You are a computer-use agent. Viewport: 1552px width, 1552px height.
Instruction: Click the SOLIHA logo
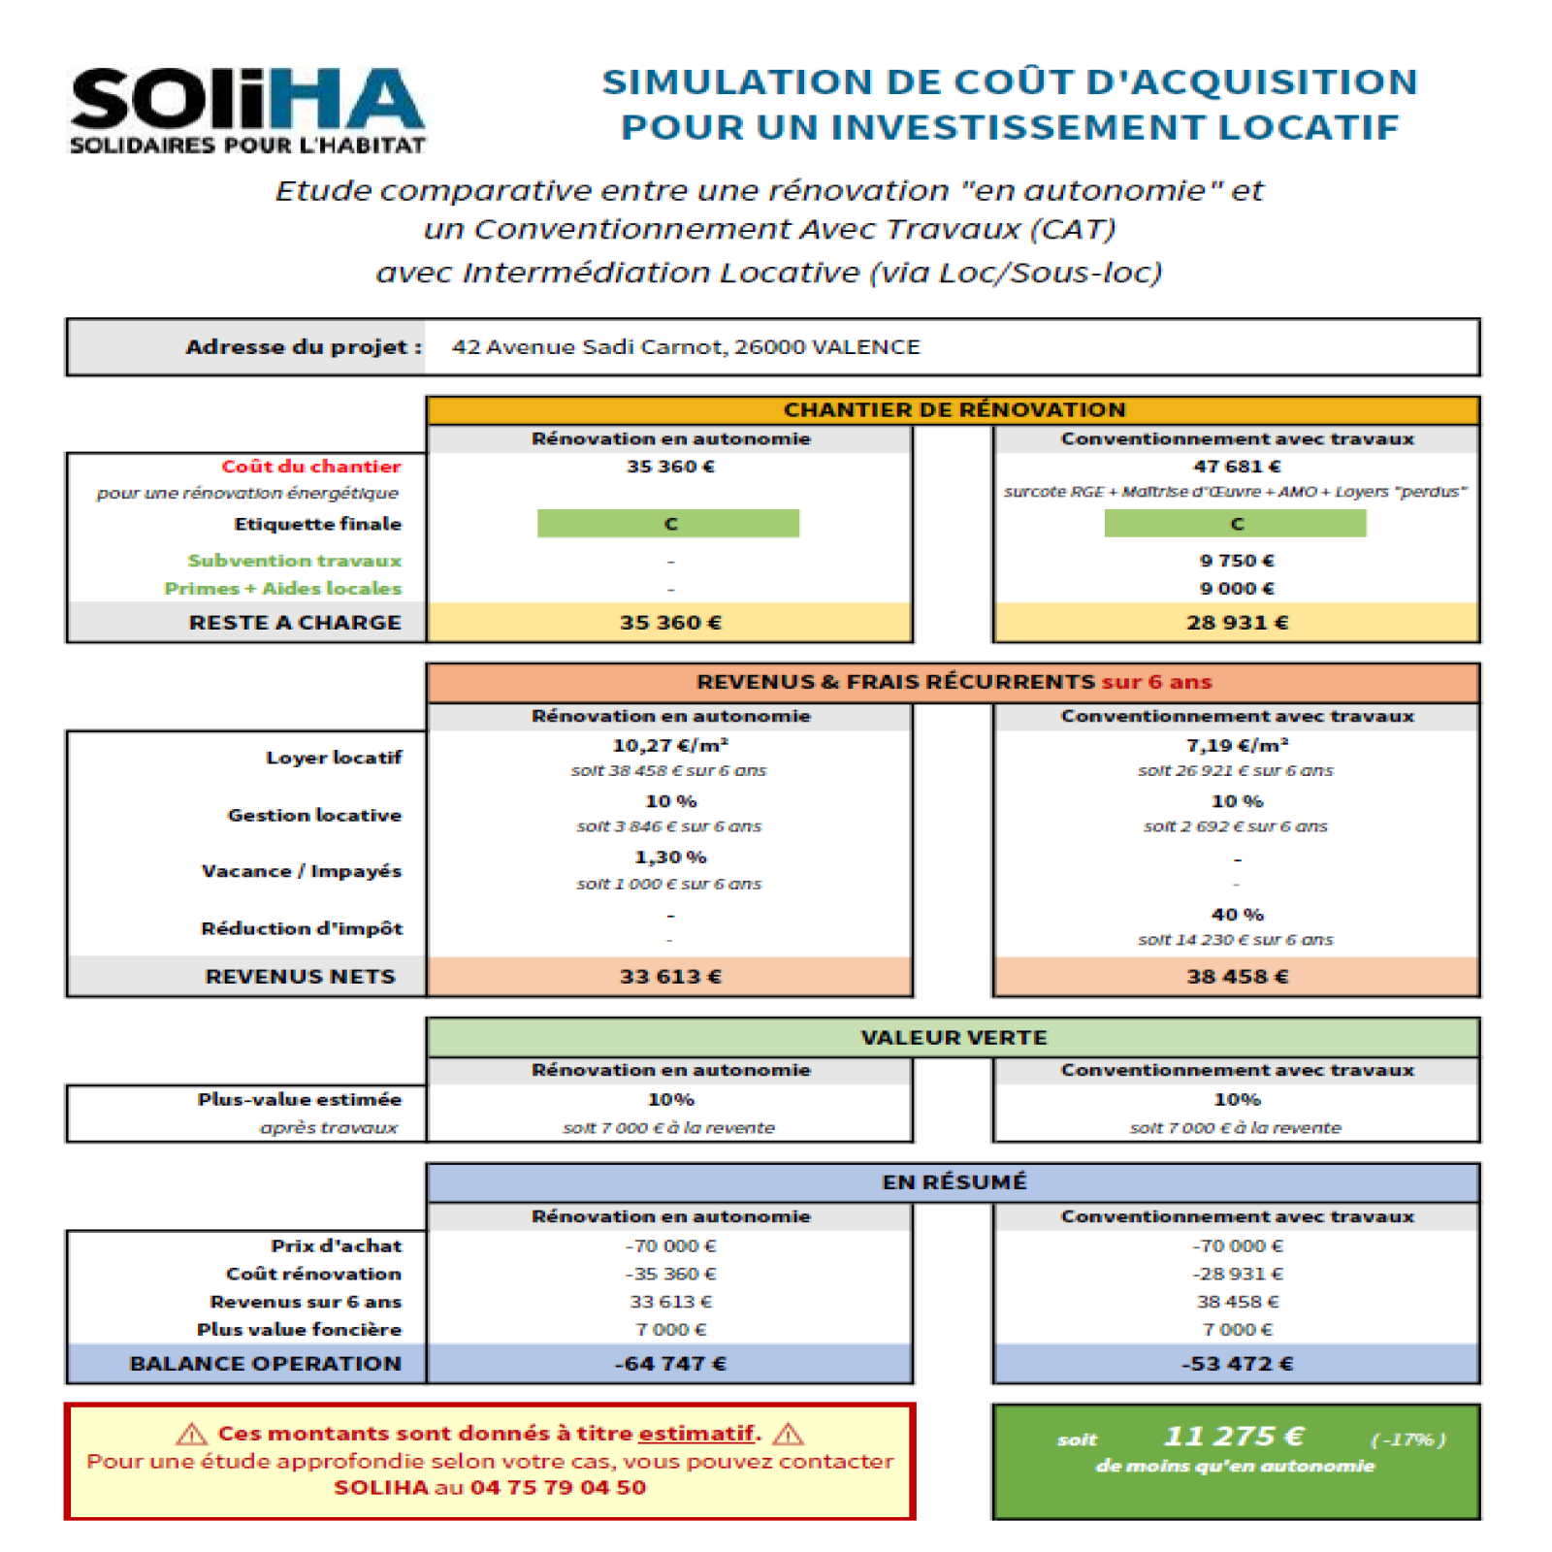click(246, 110)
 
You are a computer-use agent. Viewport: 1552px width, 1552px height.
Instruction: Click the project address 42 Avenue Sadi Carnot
click(685, 347)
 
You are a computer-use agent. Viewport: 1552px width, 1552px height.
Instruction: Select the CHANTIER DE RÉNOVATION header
click(954, 409)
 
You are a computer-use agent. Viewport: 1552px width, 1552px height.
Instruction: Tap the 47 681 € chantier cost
click(1236, 467)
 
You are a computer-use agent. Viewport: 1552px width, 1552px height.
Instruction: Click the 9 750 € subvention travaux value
click(1236, 561)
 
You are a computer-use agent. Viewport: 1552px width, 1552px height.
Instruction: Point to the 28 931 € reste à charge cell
click(1237, 623)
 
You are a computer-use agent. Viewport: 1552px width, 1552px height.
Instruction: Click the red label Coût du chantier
click(310, 467)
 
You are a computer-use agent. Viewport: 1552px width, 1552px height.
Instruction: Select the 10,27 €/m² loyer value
click(670, 745)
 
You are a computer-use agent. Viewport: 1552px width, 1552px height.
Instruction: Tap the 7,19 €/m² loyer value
click(1237, 745)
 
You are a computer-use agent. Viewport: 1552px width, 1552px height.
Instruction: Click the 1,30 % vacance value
click(670, 857)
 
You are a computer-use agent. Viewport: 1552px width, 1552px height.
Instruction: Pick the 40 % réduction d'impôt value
click(1237, 915)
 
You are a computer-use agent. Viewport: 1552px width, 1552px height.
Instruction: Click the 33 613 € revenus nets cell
click(670, 977)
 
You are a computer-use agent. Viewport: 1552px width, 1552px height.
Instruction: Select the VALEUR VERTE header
click(954, 1037)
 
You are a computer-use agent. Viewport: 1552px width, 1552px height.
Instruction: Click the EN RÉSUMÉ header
click(954, 1181)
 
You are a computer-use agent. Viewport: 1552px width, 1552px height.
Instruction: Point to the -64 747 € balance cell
click(670, 1364)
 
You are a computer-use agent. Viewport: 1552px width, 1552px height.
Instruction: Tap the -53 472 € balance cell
click(1237, 1364)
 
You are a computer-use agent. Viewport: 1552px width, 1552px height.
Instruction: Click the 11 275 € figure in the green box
click(1234, 1436)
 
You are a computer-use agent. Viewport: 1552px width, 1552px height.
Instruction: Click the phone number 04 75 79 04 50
click(558, 1488)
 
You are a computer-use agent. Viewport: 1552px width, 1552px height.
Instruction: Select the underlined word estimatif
click(695, 1434)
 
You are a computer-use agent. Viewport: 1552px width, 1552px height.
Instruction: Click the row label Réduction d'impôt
click(301, 928)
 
